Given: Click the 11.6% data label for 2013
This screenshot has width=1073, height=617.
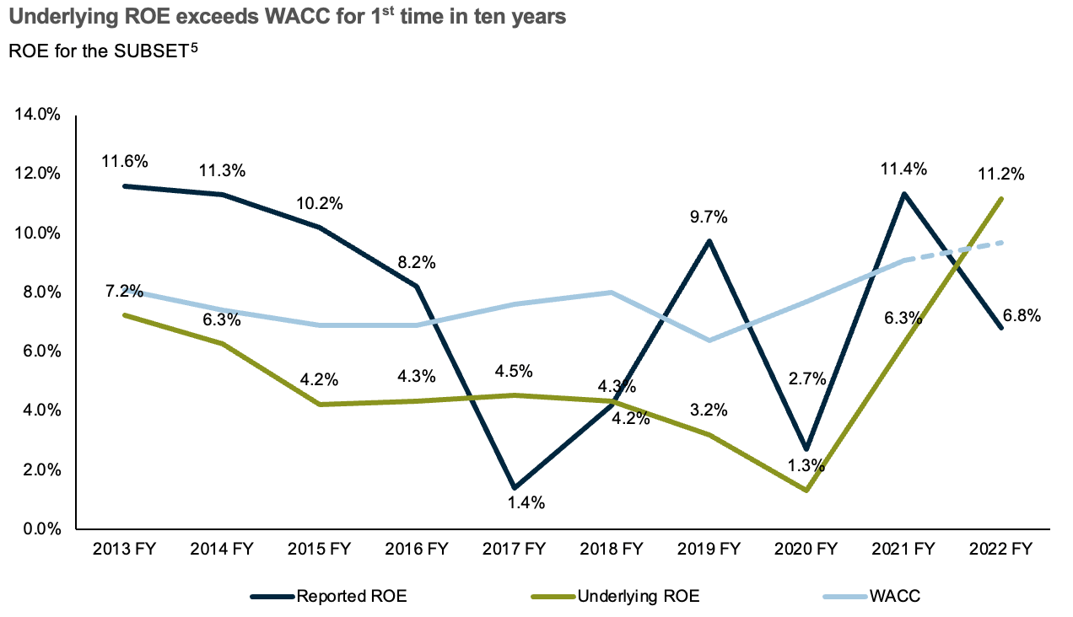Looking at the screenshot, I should (x=125, y=161).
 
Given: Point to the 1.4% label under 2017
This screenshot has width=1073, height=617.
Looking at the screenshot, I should (x=526, y=503).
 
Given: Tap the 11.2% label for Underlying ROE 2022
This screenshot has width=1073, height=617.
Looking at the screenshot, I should (x=1001, y=174).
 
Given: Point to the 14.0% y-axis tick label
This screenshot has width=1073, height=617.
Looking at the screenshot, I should (x=38, y=115).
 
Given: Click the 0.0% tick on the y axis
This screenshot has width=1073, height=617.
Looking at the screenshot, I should (x=41, y=529).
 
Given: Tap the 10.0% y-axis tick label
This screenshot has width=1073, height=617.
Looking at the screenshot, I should (x=38, y=233).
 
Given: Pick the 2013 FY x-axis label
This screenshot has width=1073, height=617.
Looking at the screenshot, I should (x=125, y=550).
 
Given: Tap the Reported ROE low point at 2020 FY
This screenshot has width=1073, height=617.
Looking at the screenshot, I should (x=806, y=448).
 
